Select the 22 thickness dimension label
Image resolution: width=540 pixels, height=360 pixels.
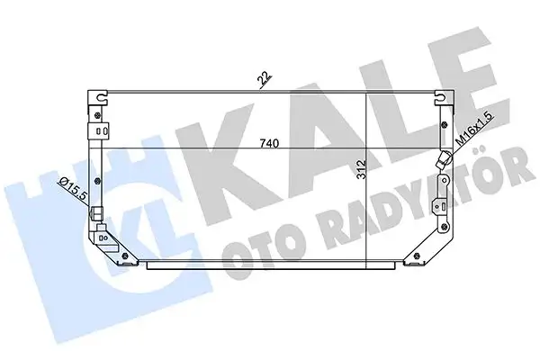[265, 79]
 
